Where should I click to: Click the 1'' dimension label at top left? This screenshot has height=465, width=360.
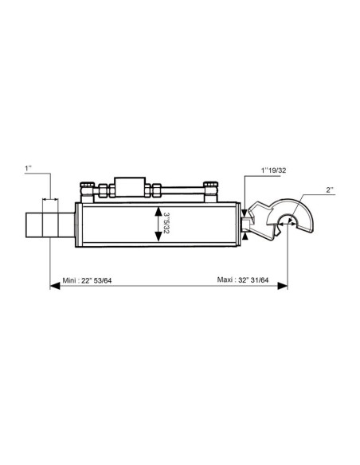[x=28, y=169]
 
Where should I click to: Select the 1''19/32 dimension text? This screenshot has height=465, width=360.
[x=273, y=170]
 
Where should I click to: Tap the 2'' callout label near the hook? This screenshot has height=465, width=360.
[x=330, y=190]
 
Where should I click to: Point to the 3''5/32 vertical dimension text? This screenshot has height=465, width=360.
[x=166, y=222]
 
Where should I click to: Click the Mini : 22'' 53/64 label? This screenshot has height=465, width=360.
[x=87, y=280]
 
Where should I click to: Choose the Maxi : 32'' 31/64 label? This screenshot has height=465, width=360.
[x=243, y=279]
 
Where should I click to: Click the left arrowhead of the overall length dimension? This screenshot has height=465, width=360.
[x=55, y=286]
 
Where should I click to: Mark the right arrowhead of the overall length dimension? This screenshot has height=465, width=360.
[x=282, y=286]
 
